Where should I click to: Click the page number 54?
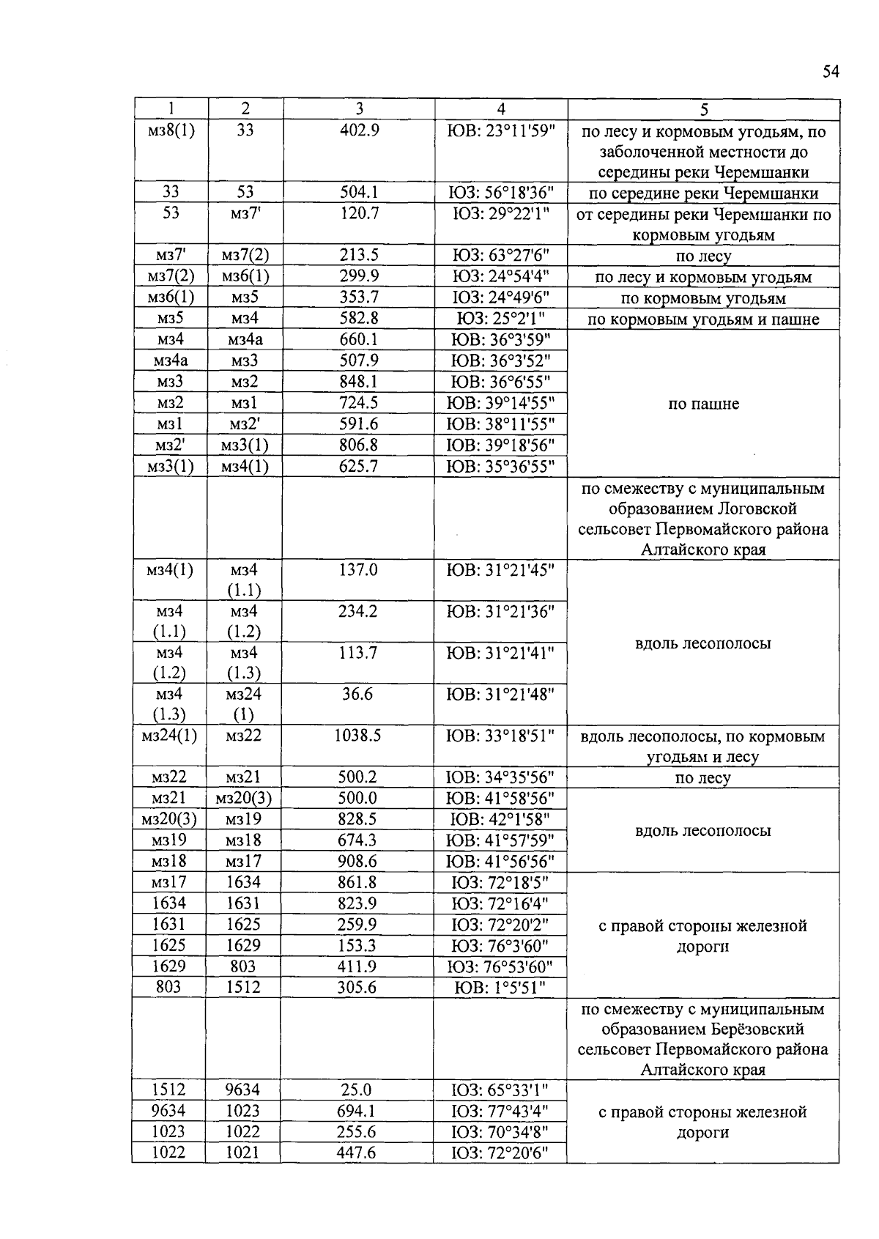(830, 72)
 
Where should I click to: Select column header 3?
(359, 109)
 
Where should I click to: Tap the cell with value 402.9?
(359, 131)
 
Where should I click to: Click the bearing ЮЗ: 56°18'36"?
(501, 193)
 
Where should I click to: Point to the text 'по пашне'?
(703, 404)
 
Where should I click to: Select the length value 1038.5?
(357, 736)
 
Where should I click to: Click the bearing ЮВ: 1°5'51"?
(501, 988)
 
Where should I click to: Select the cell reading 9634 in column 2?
(242, 1090)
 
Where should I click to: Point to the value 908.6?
(357, 862)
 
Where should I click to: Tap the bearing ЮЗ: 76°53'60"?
(501, 967)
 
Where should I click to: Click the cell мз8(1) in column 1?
(171, 131)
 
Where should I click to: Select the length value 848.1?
(359, 382)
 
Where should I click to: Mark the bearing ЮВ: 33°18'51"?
(501, 736)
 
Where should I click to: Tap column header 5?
(703, 109)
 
